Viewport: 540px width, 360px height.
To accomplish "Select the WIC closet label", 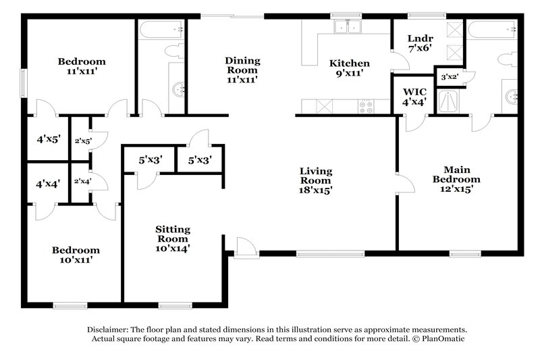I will [x=414, y=91].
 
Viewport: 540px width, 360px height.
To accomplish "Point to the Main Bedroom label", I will [x=456, y=174].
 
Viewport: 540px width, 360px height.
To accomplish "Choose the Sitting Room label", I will [x=173, y=234].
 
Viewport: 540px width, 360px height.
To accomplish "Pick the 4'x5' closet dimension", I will [x=48, y=140].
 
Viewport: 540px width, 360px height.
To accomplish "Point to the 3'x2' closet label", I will [x=449, y=76].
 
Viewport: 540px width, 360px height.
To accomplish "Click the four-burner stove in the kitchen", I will [x=366, y=105].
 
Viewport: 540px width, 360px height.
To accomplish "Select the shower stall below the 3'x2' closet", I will [x=448, y=102].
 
